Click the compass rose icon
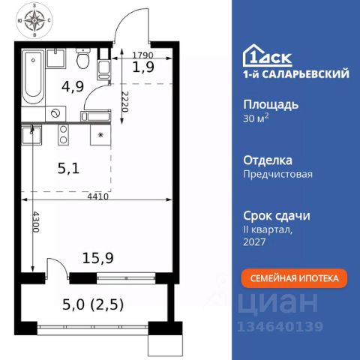[34, 20]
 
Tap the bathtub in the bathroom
[33, 77]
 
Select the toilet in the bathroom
[82, 58]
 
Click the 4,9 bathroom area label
[73, 86]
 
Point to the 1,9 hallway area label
[143, 67]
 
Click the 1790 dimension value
[142, 55]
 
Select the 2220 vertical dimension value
[125, 101]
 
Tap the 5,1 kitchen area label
[68, 169]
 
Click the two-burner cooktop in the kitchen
[63, 135]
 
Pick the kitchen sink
[31, 135]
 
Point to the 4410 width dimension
[98, 196]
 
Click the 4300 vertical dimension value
[36, 222]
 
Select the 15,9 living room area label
[97, 258]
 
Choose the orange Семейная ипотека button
[294, 278]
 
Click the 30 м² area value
[256, 118]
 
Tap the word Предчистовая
[277, 174]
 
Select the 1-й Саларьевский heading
[296, 74]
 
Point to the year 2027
[254, 241]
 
